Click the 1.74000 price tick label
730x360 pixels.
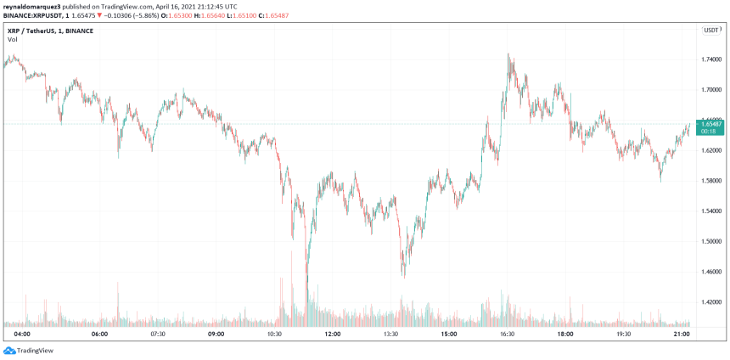711,59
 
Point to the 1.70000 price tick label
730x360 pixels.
711,89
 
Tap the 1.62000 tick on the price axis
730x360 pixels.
711,150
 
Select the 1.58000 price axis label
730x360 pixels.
711,180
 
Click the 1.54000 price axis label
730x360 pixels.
711,211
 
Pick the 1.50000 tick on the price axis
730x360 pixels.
711,241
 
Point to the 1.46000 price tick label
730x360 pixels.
711,271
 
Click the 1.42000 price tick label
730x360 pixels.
711,301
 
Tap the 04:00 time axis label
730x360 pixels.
23,335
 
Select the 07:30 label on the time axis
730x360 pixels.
158,335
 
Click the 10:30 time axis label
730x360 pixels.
274,335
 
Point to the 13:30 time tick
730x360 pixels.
390,335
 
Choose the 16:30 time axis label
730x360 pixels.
507,335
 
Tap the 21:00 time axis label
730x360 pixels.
681,335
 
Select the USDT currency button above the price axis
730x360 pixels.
711,30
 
